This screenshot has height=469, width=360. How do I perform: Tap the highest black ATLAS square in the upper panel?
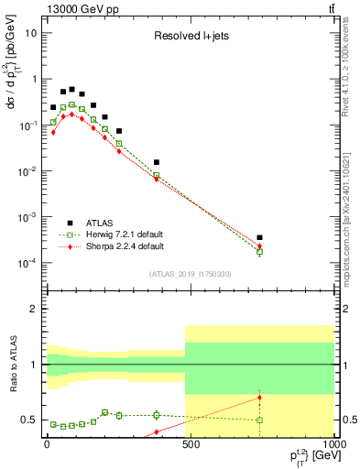pyautogui.click(x=71, y=90)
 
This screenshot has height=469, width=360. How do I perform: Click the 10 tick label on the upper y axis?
pyautogui.click(x=31, y=33)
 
